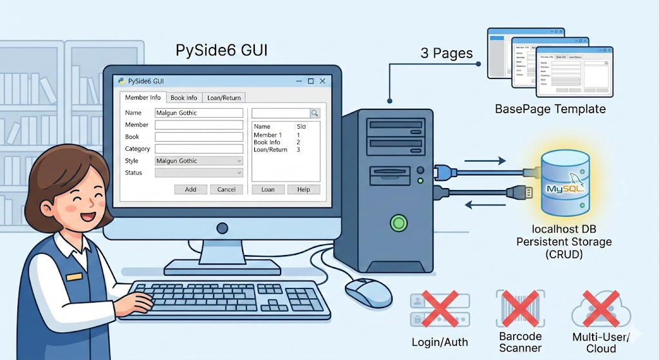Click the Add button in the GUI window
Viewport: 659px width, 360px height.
coord(190,189)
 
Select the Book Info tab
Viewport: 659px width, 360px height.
coord(183,98)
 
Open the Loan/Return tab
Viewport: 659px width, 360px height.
coord(223,98)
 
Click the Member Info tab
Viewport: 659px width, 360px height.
coord(143,98)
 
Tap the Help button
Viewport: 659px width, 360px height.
coord(303,189)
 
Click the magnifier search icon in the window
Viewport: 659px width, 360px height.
coord(315,113)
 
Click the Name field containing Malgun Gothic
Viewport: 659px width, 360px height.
coord(198,113)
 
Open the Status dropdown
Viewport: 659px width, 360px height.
coord(198,173)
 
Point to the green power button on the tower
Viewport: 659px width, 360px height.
coord(399,224)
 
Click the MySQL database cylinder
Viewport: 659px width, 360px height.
coord(565,184)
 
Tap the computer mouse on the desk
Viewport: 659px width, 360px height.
coord(368,292)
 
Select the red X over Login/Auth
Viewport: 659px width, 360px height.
coord(440,310)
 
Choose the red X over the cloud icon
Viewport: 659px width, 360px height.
coord(600,308)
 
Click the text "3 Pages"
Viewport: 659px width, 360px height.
coord(447,53)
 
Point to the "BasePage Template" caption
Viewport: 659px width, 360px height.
coord(550,109)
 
